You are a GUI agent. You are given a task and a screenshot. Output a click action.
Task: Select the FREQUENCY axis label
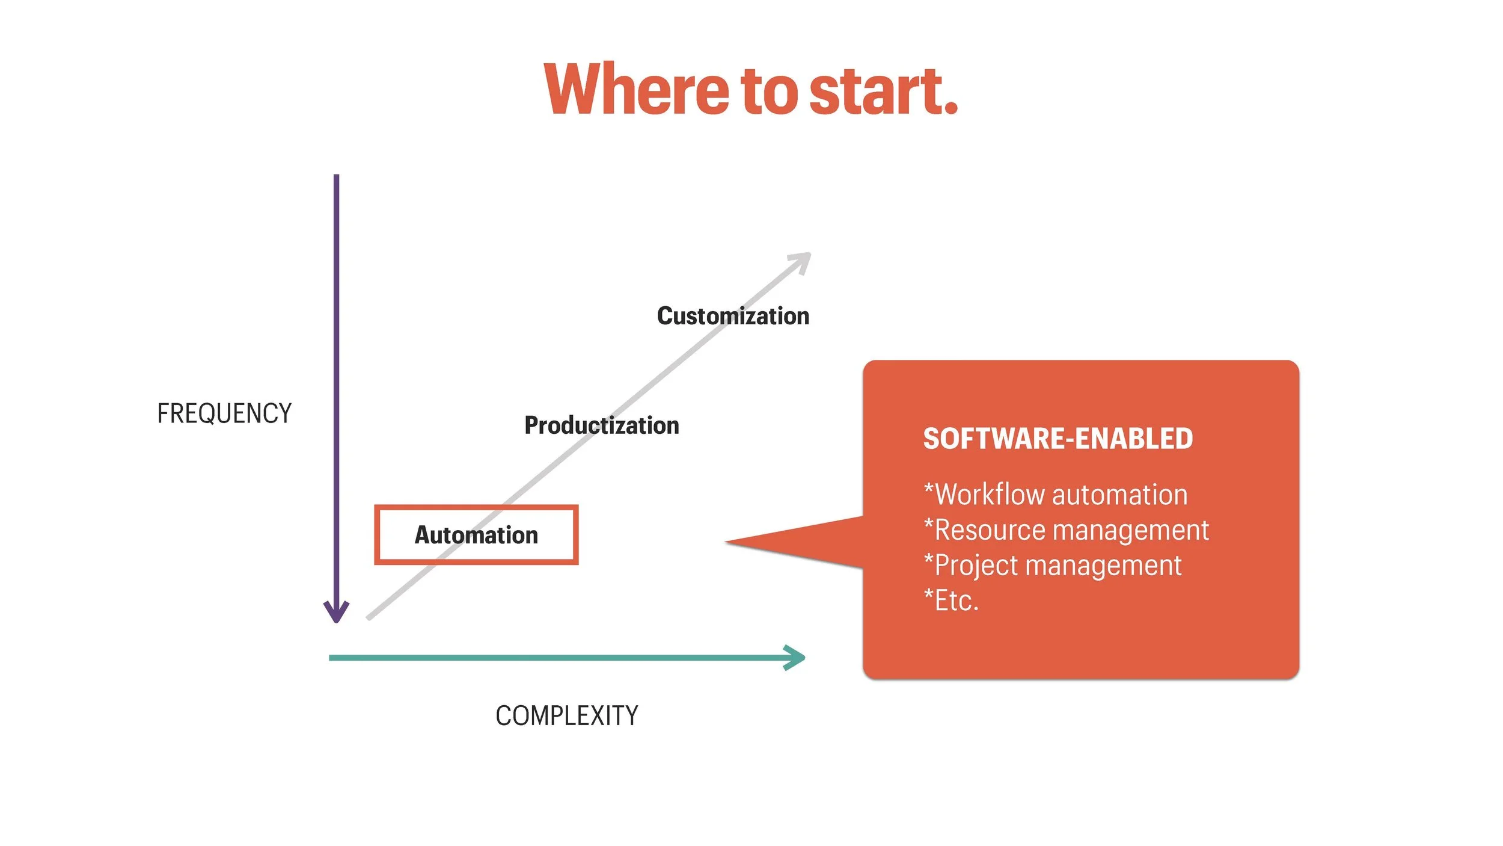tap(224, 414)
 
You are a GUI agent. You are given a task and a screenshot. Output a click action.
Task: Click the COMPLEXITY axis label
tap(566, 716)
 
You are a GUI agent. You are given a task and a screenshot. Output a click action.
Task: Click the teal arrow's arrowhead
tap(797, 658)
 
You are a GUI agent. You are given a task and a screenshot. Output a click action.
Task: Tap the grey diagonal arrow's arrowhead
tap(803, 261)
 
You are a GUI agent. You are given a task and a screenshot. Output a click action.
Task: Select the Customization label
tap(733, 316)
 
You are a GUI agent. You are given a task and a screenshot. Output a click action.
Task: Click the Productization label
tap(602, 425)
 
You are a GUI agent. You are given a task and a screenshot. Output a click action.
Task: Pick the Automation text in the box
tap(476, 535)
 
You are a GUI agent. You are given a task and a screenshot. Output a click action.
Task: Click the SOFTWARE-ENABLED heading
tap(1058, 439)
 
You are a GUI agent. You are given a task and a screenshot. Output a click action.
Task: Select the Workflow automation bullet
tap(1056, 495)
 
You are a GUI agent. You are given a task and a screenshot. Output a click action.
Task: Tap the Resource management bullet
tap(1066, 530)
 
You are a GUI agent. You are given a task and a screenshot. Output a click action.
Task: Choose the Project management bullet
tap(1052, 566)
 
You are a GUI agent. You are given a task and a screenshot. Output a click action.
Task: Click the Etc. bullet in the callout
tap(951, 601)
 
